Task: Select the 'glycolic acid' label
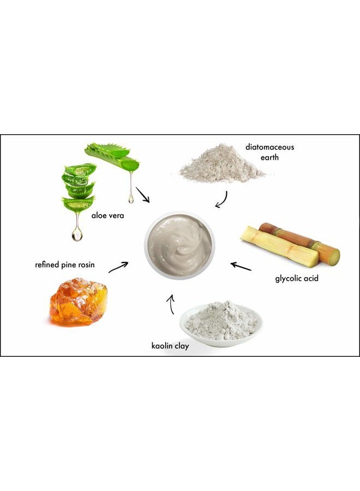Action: coord(297,279)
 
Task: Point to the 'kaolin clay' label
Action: coord(170,345)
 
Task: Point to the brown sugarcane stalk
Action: coord(299,240)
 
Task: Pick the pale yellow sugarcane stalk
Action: coord(279,248)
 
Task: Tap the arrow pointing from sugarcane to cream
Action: coord(241,266)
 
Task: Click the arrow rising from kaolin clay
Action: coord(171,305)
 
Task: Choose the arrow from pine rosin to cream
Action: coord(119,267)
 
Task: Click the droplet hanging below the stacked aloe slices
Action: coord(77,235)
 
